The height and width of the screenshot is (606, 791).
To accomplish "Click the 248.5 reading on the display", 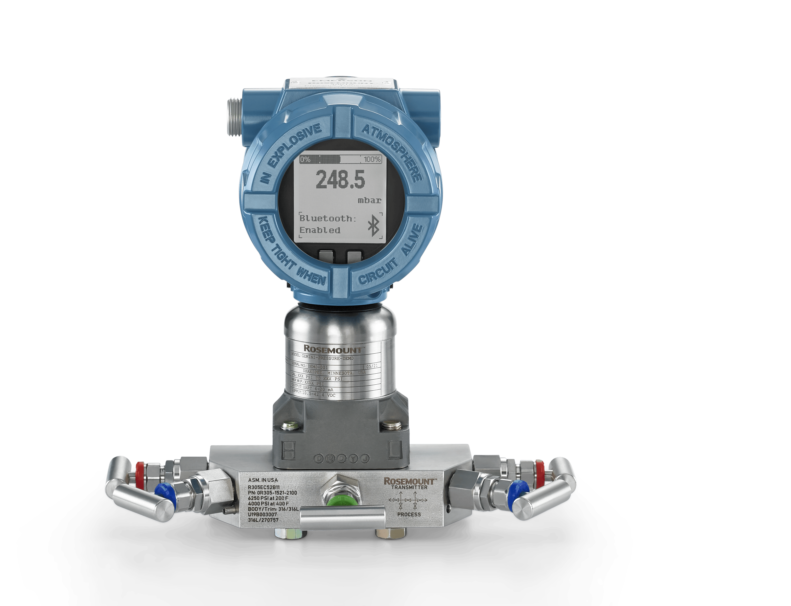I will point(340,179).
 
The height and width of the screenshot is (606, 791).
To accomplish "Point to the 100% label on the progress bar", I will point(372,159).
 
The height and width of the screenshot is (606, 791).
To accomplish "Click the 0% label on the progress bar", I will point(305,159).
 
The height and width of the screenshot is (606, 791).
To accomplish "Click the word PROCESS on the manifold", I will point(409,514).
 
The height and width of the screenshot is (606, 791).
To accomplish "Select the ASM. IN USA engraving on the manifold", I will point(263,480).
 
